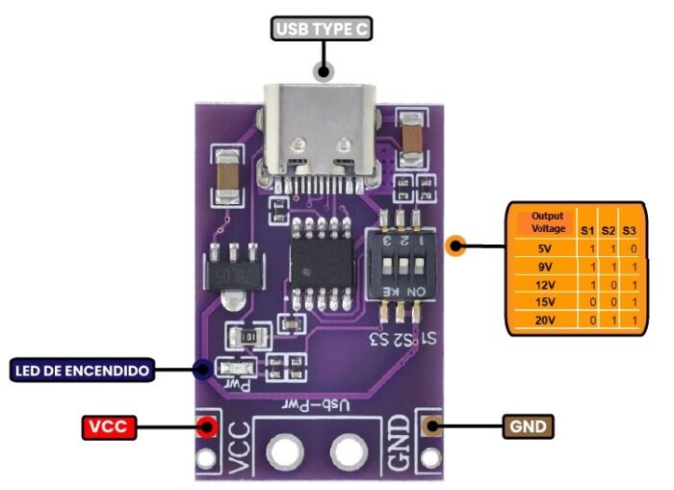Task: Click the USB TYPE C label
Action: [323, 30]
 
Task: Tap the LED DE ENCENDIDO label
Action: [83, 369]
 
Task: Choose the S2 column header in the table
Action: [609, 229]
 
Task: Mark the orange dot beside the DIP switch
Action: [457, 246]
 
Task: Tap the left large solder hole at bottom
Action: [284, 450]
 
